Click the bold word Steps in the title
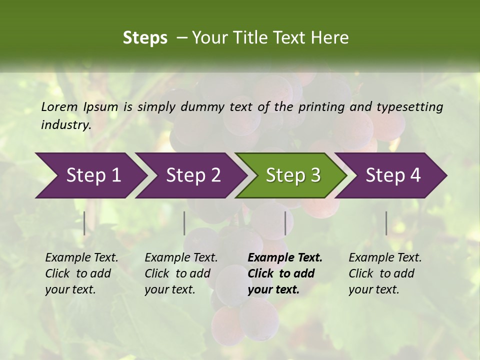coord(145,37)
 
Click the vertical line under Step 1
coord(84,223)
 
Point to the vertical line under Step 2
coord(184,223)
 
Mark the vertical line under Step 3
coord(285,223)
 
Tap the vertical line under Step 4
coord(386,223)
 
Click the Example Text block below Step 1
coord(81,273)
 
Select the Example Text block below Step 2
coord(181,273)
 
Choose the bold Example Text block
coord(285,273)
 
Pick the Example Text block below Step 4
coord(385,273)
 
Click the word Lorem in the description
coord(59,106)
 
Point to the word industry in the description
coord(65,125)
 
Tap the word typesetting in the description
coord(409,106)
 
